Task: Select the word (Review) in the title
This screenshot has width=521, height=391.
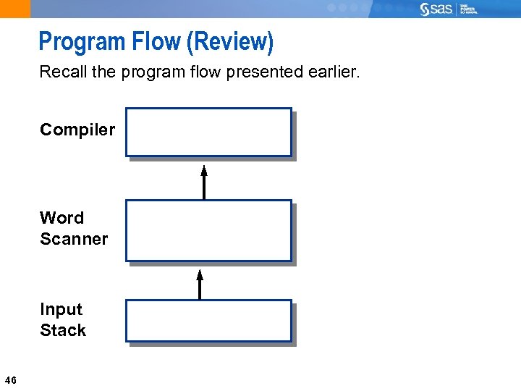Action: tap(230, 42)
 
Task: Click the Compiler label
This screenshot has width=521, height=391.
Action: tap(77, 130)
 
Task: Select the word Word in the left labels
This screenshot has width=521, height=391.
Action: tap(62, 218)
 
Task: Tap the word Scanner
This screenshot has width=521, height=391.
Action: tap(74, 239)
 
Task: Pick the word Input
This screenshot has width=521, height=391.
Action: tap(62, 309)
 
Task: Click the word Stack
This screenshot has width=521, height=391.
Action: tap(63, 330)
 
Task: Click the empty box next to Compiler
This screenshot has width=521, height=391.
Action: tap(208, 133)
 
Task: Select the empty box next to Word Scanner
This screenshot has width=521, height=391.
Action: tap(208, 230)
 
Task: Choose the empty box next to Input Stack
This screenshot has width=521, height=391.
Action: tap(208, 321)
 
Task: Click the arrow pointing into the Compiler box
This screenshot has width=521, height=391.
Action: tap(204, 182)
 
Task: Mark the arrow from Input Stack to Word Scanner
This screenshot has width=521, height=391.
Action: tap(200, 284)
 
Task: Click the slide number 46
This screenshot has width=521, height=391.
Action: tap(11, 380)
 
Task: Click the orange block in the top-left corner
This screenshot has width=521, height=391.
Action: tap(15, 9)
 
